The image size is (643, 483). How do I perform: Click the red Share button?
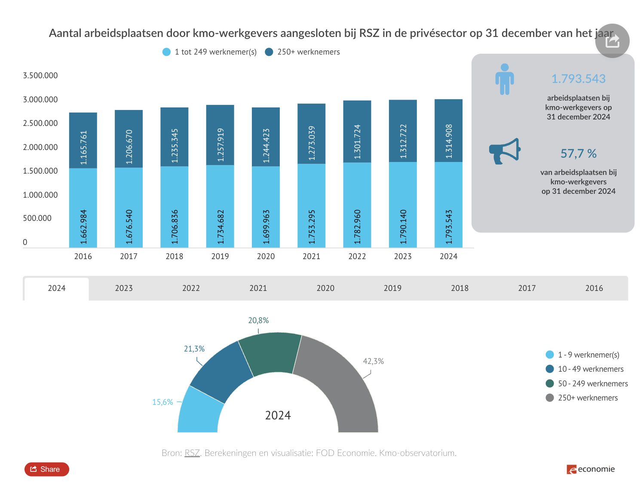point(46,469)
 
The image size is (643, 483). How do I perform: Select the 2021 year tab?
point(258,288)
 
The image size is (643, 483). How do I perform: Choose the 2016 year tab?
point(594,288)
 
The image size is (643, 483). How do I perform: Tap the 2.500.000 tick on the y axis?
point(40,123)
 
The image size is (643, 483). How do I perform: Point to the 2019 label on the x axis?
point(220,257)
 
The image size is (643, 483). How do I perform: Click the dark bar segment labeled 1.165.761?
point(83,140)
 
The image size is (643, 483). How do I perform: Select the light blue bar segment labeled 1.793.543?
point(448,205)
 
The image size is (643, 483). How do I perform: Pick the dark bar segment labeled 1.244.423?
point(266,137)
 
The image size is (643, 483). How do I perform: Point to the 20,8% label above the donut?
point(258,321)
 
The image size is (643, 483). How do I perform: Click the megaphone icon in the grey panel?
point(505,151)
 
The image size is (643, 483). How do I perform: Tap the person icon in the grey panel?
point(505,79)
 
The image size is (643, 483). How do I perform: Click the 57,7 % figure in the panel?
point(578,154)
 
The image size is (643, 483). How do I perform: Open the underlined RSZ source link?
point(192,453)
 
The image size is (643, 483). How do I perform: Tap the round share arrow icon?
point(612,41)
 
